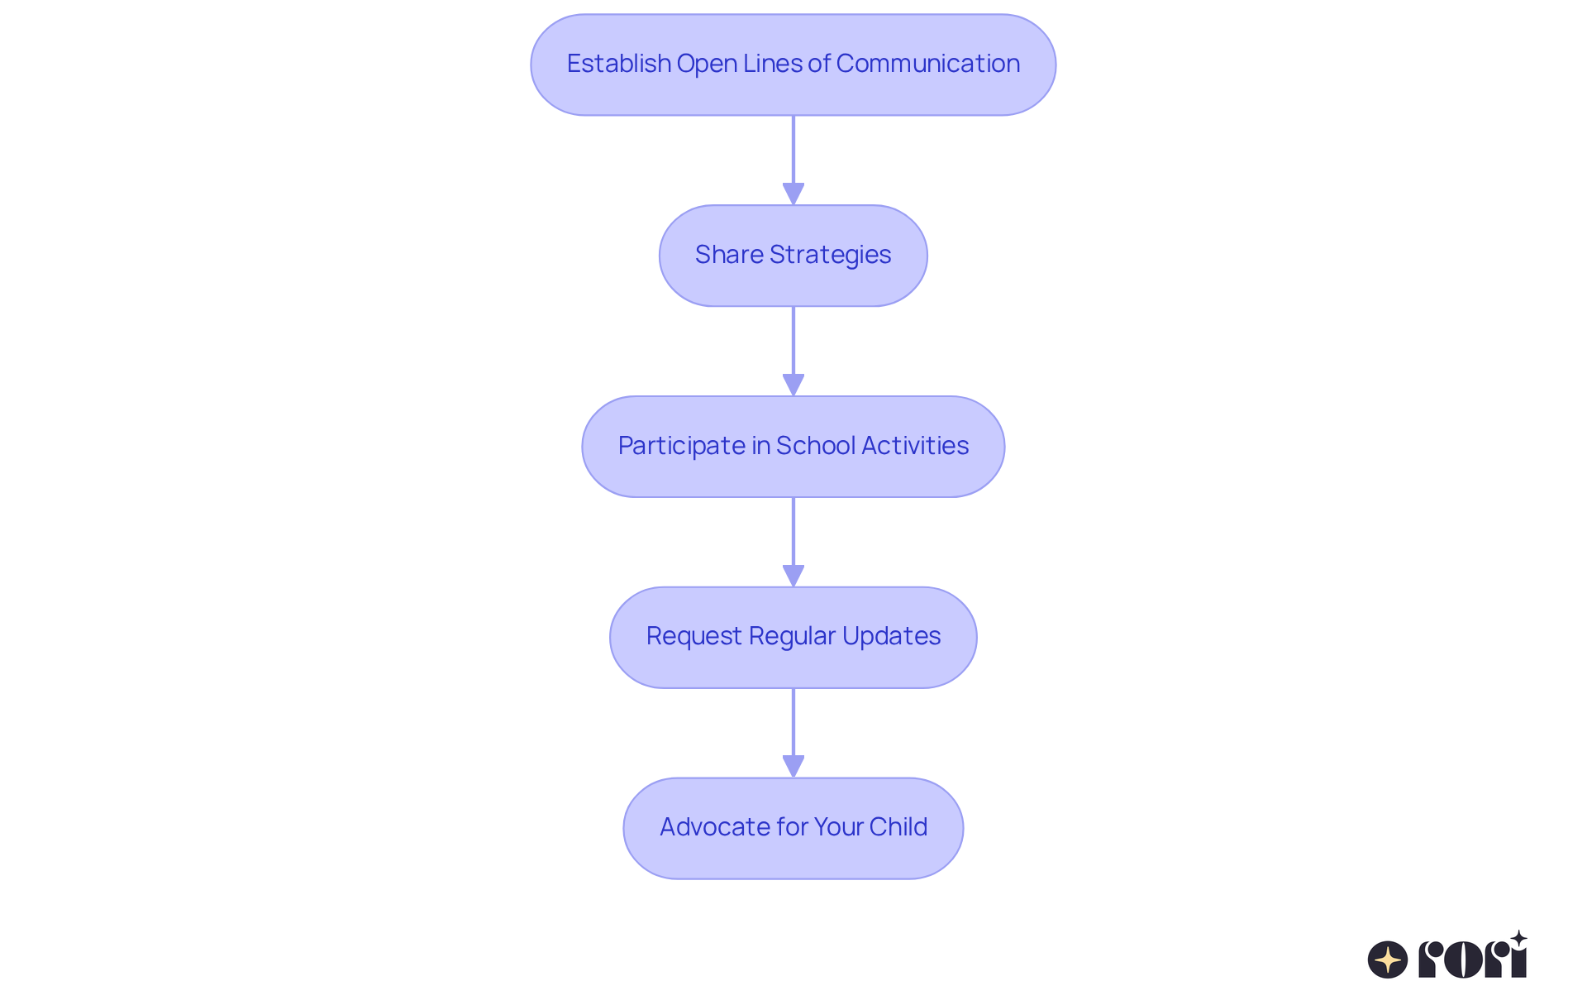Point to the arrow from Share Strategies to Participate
click(x=793, y=351)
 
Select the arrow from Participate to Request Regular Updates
click(x=793, y=542)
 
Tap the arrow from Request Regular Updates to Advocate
click(x=793, y=732)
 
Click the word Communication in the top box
click(x=927, y=64)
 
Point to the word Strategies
click(x=830, y=255)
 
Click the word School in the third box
click(x=815, y=446)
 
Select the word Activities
click(x=914, y=446)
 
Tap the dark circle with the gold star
click(x=1387, y=960)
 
